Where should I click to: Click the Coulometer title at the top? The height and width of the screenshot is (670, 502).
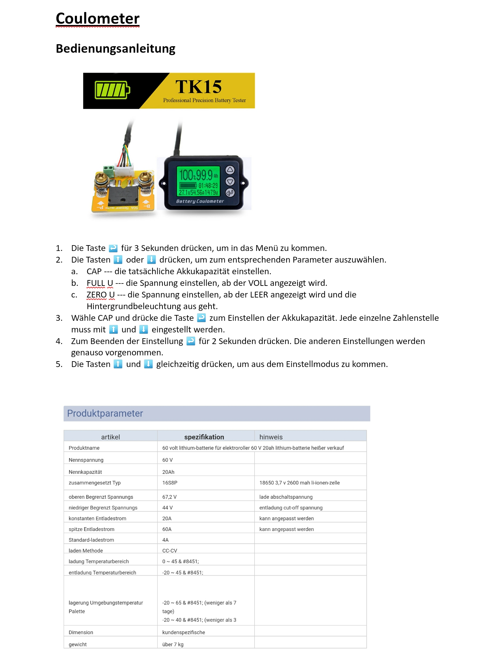[x=97, y=18]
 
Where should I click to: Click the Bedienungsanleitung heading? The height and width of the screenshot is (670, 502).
[x=115, y=49]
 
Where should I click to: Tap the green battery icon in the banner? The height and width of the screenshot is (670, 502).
[x=112, y=90]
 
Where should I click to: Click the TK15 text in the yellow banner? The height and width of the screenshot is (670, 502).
[x=198, y=87]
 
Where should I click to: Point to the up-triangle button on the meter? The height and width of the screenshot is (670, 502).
[x=230, y=170]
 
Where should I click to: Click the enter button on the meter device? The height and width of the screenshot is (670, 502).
[x=230, y=193]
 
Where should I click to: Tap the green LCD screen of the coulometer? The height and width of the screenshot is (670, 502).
[x=198, y=181]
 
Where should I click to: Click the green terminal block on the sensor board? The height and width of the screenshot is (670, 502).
[x=109, y=169]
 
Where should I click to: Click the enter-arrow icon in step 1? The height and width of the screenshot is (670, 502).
[x=113, y=248]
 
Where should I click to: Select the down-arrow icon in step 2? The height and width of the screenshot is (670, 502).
[x=151, y=260]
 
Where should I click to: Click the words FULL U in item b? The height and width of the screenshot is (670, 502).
[x=100, y=283]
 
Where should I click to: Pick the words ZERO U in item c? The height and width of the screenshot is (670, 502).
[x=101, y=295]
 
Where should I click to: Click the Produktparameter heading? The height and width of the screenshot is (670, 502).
[x=105, y=413]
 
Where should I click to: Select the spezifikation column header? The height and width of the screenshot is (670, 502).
[x=204, y=437]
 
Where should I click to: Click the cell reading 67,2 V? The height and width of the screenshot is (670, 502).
[x=169, y=497]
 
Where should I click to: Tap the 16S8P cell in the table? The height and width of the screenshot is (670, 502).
[x=170, y=483]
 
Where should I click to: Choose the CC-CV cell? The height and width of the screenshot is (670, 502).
[x=170, y=551]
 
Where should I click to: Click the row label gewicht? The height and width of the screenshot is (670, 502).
[x=78, y=644]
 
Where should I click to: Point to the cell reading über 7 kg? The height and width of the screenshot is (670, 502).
[x=173, y=644]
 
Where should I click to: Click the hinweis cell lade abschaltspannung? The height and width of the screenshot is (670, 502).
[x=286, y=497]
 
